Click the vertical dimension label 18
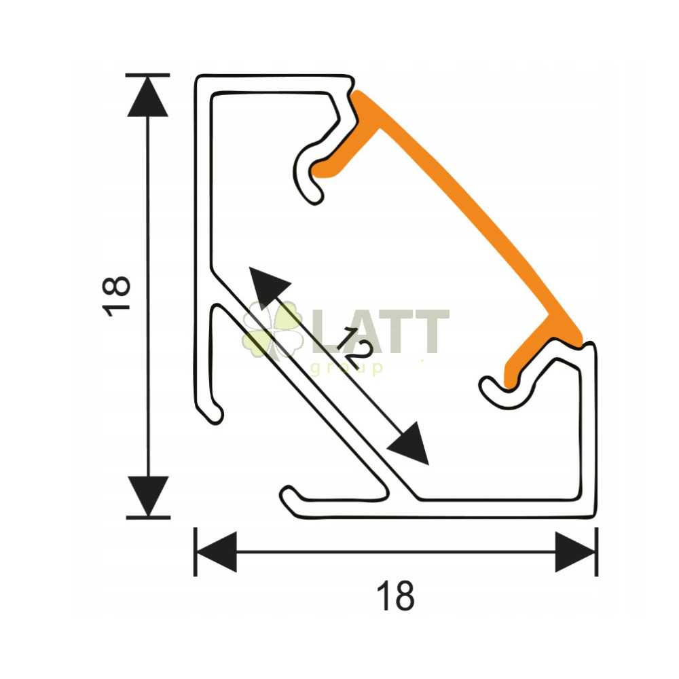(x=116, y=296)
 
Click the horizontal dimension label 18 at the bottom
(x=395, y=596)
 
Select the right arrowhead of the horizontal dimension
(x=576, y=551)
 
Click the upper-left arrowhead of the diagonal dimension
(x=268, y=287)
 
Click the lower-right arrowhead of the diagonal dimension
(x=409, y=445)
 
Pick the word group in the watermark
(x=347, y=368)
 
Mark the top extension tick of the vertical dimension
(x=147, y=75)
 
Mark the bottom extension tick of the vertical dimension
(x=148, y=517)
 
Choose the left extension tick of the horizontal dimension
(x=196, y=551)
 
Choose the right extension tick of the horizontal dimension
(x=597, y=551)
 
